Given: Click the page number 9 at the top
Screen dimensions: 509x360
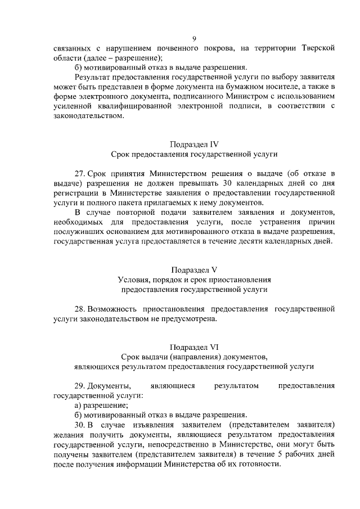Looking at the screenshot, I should (194, 39).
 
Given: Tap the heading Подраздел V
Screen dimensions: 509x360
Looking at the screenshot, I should (193, 269).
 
